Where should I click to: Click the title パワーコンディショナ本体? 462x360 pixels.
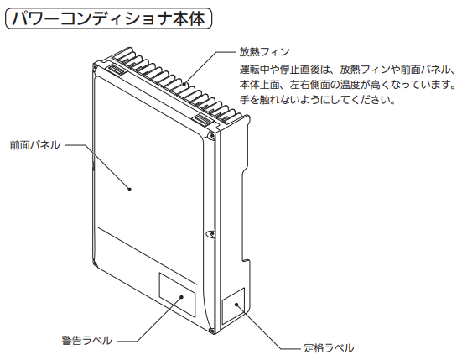point(108,18)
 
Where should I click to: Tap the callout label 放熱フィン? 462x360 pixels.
point(264,52)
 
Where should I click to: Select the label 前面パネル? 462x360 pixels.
point(34,145)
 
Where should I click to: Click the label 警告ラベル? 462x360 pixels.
point(87,340)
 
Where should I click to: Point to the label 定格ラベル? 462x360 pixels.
point(329,348)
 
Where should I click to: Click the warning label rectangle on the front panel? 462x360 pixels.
point(178,295)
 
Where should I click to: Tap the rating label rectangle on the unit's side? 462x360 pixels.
point(233,306)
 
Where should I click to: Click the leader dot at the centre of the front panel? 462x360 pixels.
point(129,190)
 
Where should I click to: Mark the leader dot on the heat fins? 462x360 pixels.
point(184,84)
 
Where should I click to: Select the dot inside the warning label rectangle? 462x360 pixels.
point(182,296)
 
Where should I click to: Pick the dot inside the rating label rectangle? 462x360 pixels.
point(236,305)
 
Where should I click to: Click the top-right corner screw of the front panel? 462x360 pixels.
point(211,135)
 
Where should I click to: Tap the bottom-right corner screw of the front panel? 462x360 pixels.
point(212,331)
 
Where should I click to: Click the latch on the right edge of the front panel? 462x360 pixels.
point(210,234)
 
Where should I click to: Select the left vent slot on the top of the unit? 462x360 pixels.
point(117,70)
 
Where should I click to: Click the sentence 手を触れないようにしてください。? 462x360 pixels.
point(317,100)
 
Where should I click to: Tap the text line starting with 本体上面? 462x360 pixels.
point(348,85)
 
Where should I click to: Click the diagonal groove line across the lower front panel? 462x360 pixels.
point(148,256)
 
